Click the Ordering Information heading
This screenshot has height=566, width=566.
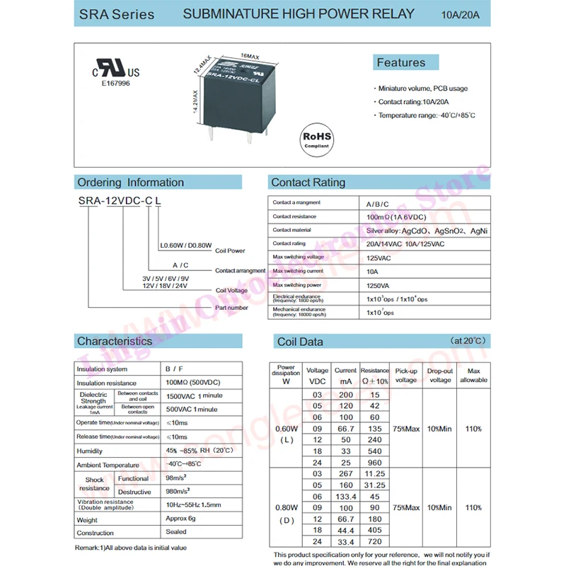pyautogui.click(x=130, y=183)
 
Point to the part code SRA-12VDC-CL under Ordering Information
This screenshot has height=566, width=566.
pyautogui.click(x=119, y=202)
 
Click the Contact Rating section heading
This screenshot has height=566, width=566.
pyautogui.click(x=308, y=183)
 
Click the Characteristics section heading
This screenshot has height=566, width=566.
pyautogui.click(x=115, y=341)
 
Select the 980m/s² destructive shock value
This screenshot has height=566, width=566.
pyautogui.click(x=180, y=492)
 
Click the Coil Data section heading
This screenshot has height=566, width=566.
pyautogui.click(x=300, y=342)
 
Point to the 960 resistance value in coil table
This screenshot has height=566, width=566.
pyautogui.click(x=374, y=462)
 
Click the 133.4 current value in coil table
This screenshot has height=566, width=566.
pyautogui.click(x=345, y=496)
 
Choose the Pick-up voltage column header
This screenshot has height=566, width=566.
pyautogui.click(x=405, y=375)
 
